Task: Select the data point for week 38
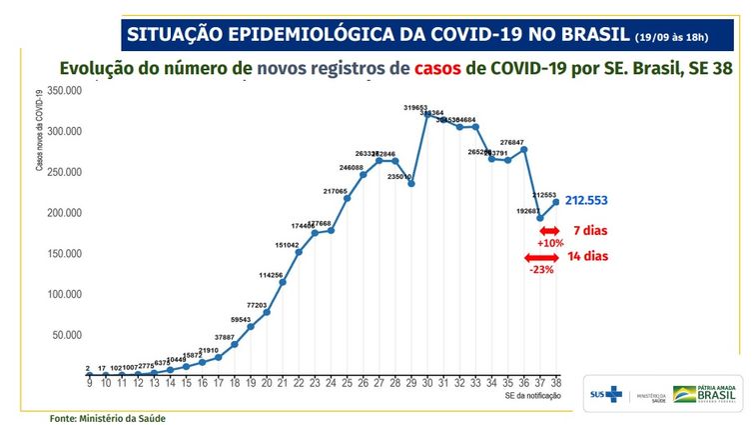tap(555, 201)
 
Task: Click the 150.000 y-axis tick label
tap(64, 253)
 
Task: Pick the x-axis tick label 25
tap(347, 382)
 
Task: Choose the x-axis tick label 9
tap(89, 382)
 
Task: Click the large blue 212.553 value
tap(594, 201)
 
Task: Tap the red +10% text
tap(551, 243)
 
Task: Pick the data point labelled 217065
tap(347, 198)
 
